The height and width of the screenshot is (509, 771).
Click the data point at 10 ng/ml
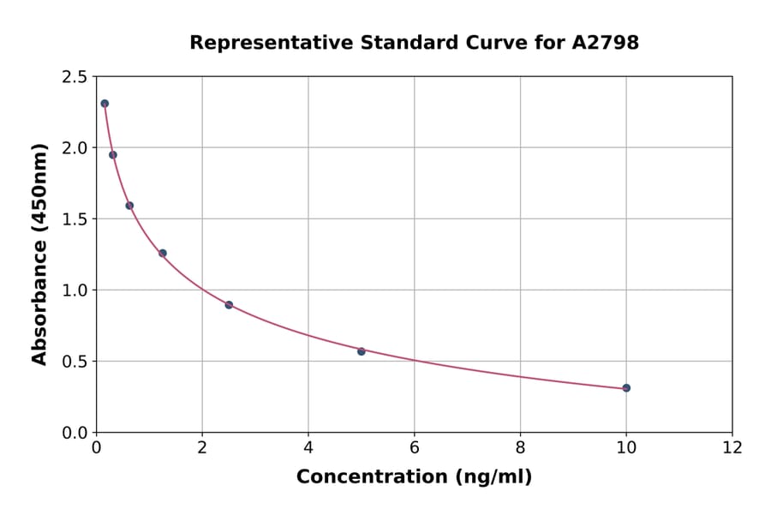[626, 388]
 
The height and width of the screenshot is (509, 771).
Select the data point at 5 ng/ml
[362, 351]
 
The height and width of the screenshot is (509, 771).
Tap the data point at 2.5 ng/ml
[229, 305]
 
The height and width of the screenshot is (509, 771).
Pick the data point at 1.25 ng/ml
[163, 253]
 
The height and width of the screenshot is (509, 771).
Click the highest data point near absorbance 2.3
[105, 104]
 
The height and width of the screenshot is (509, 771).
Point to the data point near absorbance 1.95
[113, 155]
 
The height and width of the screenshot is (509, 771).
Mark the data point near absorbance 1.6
[129, 206]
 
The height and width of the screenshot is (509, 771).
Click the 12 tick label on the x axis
[732, 447]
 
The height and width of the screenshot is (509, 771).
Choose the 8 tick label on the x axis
[520, 447]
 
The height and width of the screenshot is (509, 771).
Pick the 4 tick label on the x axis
[308, 447]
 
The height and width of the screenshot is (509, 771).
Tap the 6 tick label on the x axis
[414, 447]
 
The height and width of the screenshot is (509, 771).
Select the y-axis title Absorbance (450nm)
[39, 254]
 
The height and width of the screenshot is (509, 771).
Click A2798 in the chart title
[605, 43]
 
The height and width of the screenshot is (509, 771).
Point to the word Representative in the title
[260, 43]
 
